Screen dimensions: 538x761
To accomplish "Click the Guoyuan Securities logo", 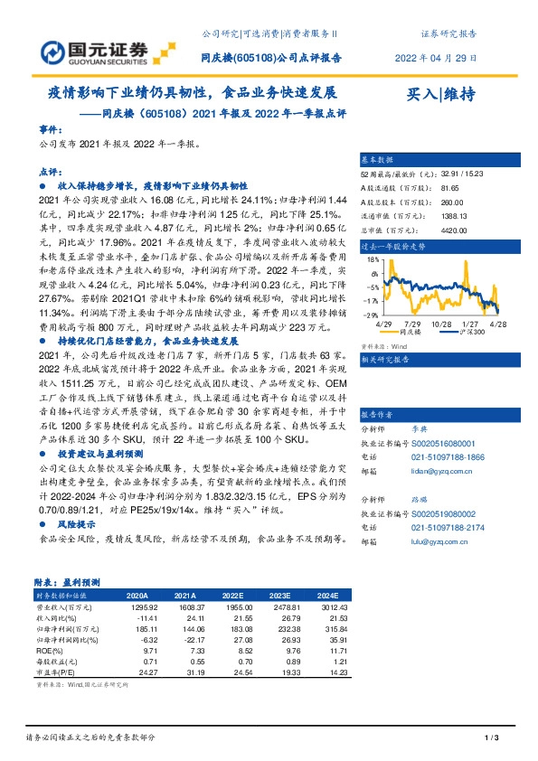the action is click(x=94, y=48).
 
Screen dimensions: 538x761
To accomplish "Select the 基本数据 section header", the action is click(x=378, y=158).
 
